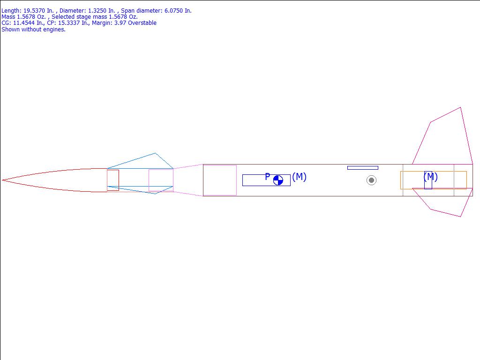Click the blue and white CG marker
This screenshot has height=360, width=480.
tap(278, 180)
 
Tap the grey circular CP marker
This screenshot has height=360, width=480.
tap(371, 180)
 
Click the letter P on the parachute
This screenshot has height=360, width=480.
tap(268, 177)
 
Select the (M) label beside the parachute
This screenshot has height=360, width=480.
tap(299, 177)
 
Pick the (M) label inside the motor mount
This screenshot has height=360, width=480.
tap(430, 177)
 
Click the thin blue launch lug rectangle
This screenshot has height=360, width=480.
tap(363, 168)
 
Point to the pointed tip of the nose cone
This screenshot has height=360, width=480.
tap(2, 180)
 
